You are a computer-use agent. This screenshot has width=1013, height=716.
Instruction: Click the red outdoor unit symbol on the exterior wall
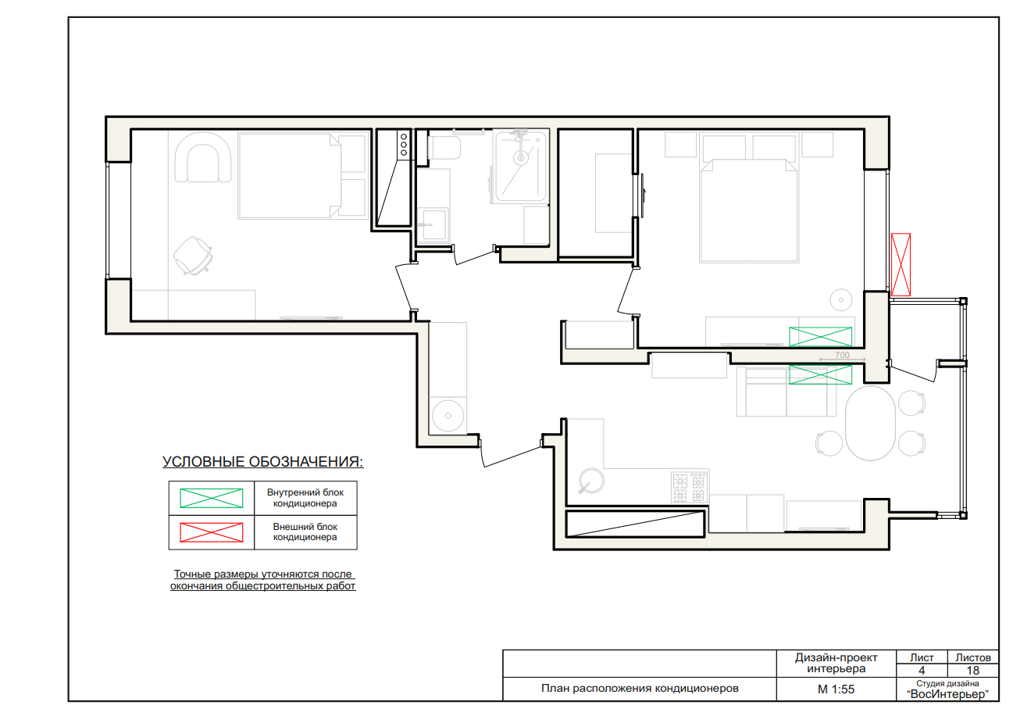901,265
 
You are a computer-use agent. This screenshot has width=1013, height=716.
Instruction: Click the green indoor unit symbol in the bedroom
820,337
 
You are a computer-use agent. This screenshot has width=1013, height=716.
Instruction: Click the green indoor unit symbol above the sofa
820,374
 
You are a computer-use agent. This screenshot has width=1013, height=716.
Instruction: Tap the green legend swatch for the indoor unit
211,498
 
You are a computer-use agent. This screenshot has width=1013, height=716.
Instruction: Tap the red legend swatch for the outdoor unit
211,532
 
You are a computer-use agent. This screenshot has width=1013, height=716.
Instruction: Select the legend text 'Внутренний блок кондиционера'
305,498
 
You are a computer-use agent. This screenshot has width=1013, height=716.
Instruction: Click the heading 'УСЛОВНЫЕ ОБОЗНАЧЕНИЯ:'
262,462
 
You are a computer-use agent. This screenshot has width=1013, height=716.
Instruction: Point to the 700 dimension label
842,356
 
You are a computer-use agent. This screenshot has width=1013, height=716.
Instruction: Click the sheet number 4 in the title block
921,671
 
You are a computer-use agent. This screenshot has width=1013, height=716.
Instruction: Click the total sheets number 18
972,671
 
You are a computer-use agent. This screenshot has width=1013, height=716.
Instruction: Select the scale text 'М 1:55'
836,689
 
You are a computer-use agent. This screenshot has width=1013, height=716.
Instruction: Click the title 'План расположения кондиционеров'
640,689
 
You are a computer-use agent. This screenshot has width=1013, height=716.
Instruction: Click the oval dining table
870,423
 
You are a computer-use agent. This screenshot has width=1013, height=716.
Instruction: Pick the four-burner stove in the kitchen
690,487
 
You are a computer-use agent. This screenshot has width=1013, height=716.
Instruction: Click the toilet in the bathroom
444,148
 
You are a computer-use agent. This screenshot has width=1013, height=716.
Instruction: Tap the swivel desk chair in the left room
193,256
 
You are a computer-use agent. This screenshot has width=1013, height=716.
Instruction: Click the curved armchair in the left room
203,157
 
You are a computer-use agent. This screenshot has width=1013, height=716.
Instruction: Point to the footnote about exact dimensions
262,580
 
